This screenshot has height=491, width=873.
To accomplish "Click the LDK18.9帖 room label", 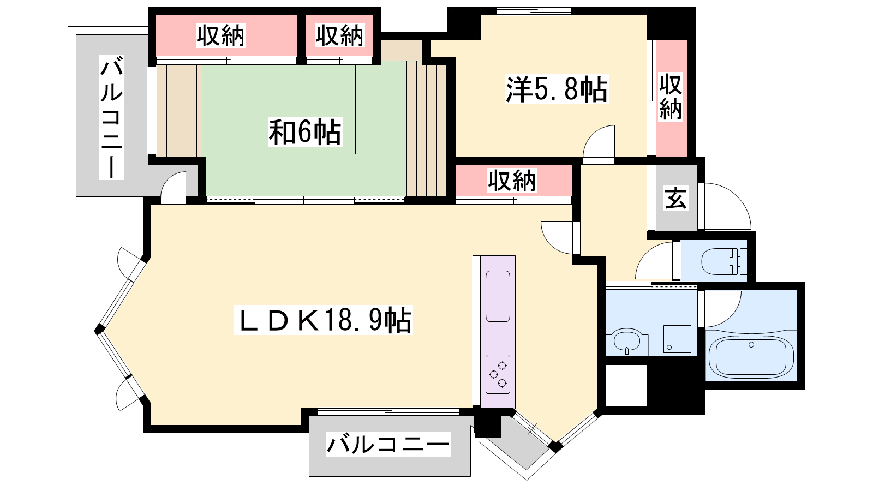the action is pyautogui.click(x=323, y=320).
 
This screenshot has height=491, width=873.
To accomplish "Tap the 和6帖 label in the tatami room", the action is pyautogui.click(x=305, y=131).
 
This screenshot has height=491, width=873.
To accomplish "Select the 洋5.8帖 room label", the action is pyautogui.click(x=557, y=89).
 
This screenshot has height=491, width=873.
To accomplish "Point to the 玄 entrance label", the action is pyautogui.click(x=675, y=197).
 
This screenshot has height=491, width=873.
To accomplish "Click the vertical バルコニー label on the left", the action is pyautogui.click(x=111, y=117).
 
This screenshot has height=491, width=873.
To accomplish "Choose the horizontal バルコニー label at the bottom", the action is pyautogui.click(x=388, y=444).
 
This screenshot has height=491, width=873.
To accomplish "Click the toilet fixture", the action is pyautogui.click(x=723, y=261).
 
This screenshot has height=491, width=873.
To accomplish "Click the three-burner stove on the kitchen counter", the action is pyautogui.click(x=498, y=374).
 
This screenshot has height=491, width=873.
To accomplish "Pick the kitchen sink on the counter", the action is pyautogui.click(x=498, y=296).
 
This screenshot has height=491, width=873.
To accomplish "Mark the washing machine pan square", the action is pyautogui.click(x=677, y=339).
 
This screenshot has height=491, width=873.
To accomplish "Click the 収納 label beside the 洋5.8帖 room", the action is pyautogui.click(x=671, y=97).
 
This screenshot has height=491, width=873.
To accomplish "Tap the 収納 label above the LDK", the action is pyautogui.click(x=512, y=181).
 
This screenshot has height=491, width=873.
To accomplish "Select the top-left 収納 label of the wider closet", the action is pyautogui.click(x=220, y=35).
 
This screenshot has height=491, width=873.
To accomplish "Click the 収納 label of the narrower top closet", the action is pyautogui.click(x=339, y=35).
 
